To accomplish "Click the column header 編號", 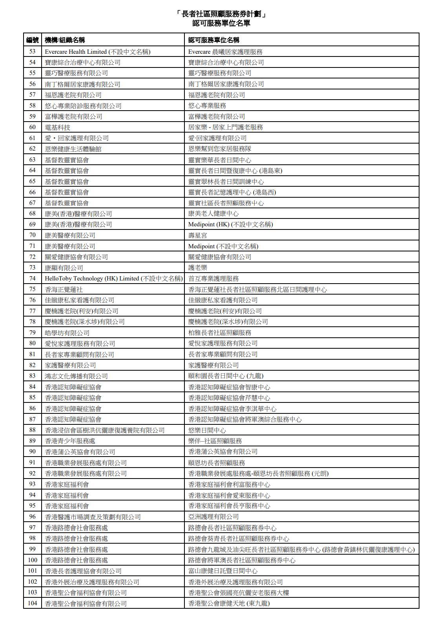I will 33,40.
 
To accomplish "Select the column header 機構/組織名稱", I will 65,40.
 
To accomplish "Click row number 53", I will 33,51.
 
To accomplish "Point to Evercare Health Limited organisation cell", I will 97,51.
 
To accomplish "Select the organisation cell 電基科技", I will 58,127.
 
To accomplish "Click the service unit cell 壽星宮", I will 198,235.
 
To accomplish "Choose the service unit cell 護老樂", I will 198,268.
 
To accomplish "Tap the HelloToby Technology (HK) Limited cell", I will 113,278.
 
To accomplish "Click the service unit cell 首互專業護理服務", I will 213,278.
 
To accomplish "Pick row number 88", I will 33,430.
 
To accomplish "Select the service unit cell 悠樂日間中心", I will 207,430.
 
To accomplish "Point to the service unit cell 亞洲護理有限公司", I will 213,517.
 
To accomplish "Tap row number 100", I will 33,560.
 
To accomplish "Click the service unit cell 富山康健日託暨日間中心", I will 223,571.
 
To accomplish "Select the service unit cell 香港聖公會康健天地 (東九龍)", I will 229,603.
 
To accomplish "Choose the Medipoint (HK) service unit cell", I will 230,224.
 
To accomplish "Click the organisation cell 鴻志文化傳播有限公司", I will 76,376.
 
